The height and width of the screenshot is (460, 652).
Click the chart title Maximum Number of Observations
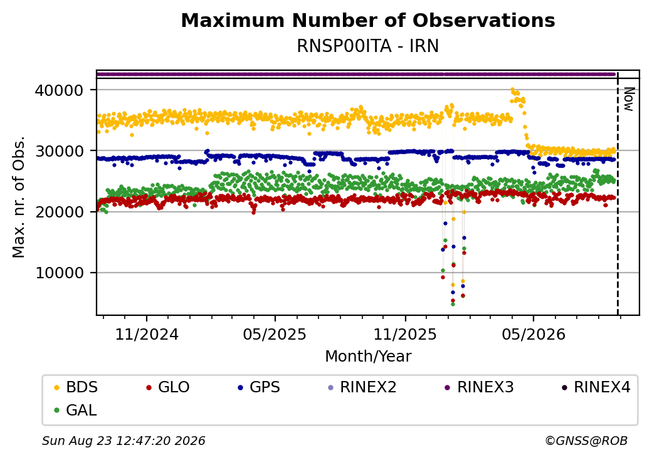[x=368, y=20]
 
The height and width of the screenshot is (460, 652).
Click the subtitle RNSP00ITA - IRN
[x=368, y=46]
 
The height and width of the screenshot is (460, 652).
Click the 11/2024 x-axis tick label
[x=147, y=335]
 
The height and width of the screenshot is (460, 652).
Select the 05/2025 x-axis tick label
[x=275, y=335]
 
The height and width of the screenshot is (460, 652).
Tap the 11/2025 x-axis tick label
[x=405, y=335]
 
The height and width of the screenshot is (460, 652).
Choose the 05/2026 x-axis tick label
[x=534, y=335]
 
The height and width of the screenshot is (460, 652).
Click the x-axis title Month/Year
[x=368, y=357]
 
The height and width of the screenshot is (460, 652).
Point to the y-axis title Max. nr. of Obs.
[x=19, y=197]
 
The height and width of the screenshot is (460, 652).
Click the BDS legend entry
[x=76, y=387]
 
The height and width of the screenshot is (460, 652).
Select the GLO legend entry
[x=169, y=387]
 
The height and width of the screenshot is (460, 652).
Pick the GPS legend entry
[x=260, y=387]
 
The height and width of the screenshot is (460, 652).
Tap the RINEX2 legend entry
[x=362, y=387]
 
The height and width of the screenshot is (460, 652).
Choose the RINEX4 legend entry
[x=596, y=387]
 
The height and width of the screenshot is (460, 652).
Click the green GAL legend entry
[x=76, y=410]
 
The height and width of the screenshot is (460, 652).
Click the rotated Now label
[x=628, y=99]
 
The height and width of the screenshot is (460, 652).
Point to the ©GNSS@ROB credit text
[x=586, y=441]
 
